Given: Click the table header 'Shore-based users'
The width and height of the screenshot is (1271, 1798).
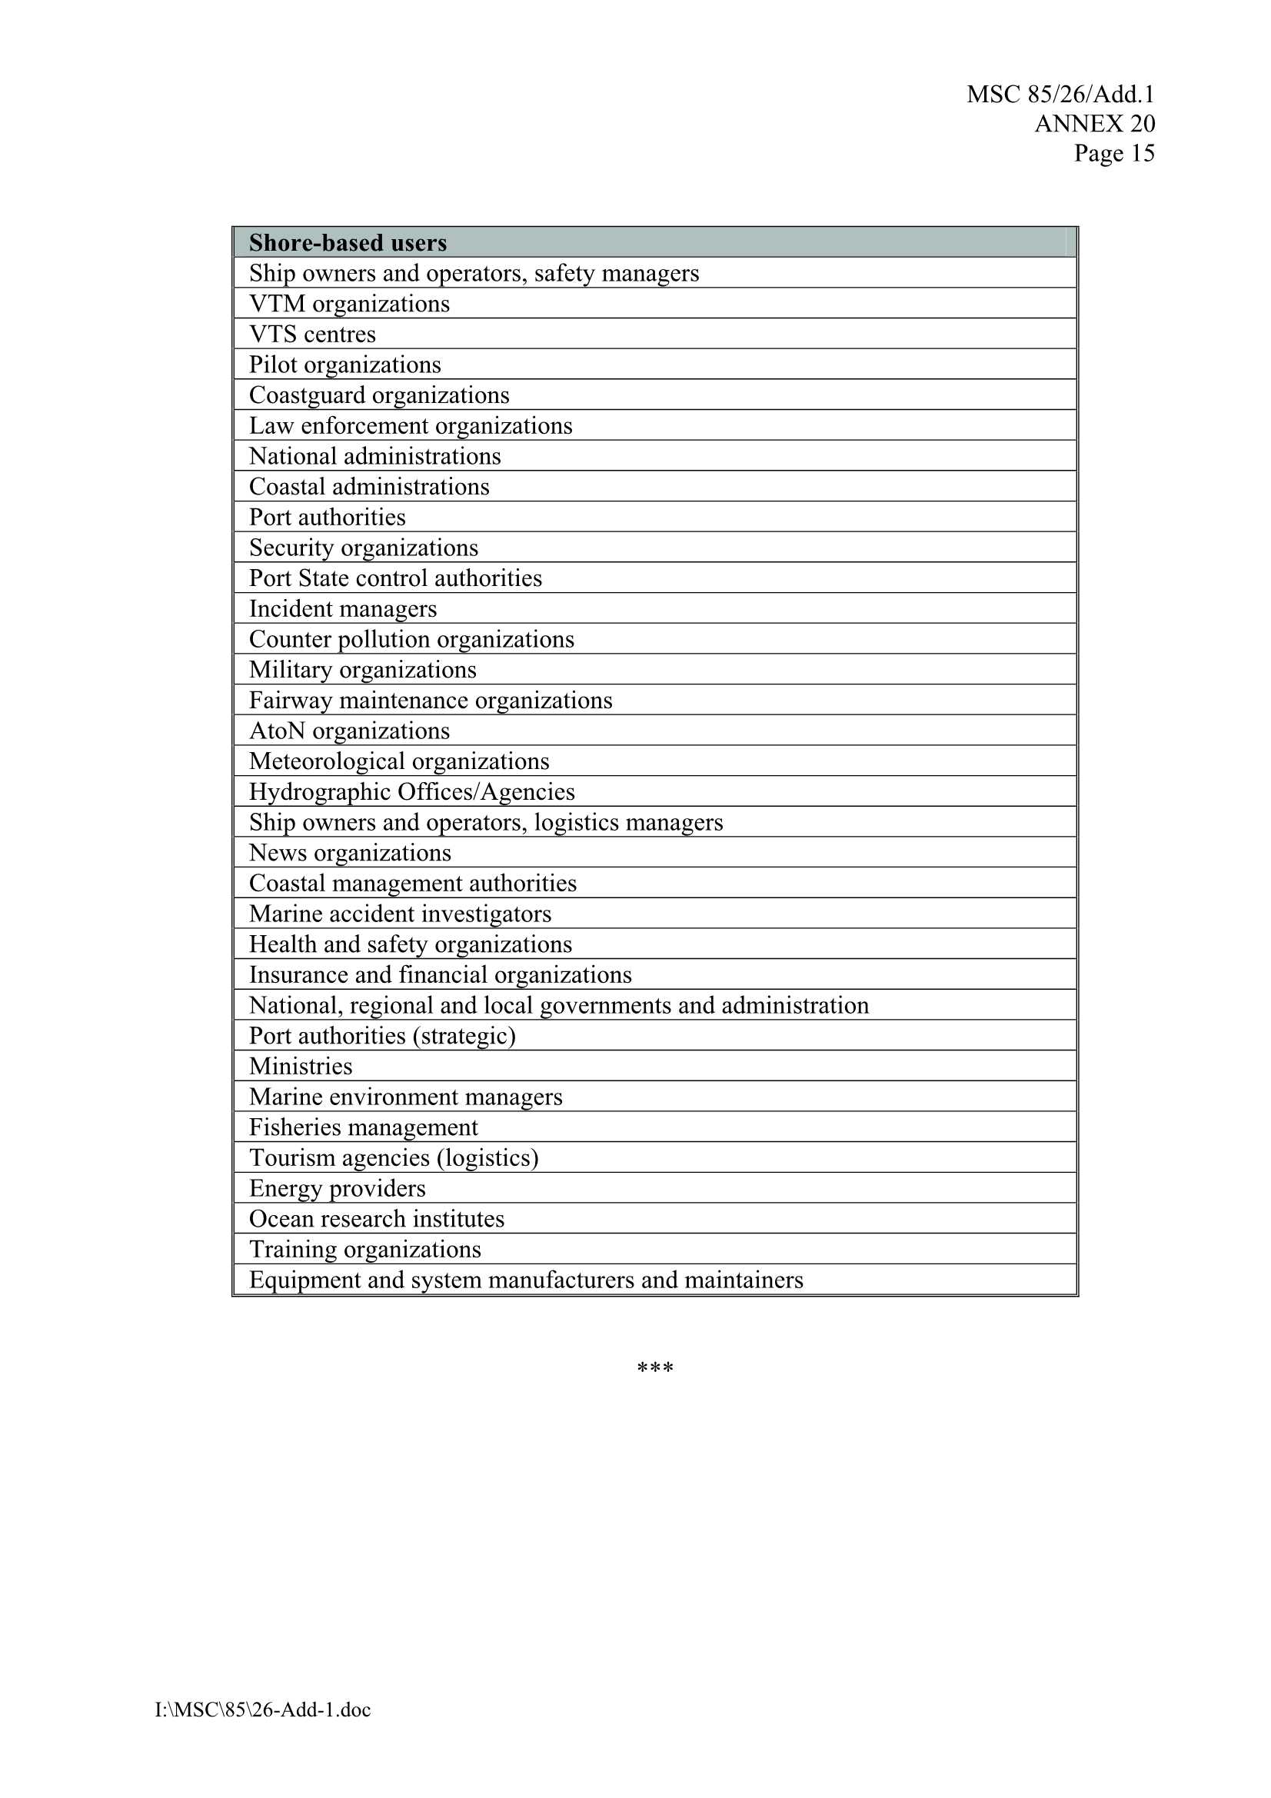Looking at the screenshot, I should tap(348, 243).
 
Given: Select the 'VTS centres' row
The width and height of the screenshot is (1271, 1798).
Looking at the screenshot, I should tap(312, 335).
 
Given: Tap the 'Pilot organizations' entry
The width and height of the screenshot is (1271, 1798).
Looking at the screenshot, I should tap(344, 365).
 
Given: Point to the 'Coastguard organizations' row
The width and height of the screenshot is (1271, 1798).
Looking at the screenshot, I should tap(379, 395).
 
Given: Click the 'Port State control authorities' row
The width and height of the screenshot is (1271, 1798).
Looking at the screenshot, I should tap(395, 578).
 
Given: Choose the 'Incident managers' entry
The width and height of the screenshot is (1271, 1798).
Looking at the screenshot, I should tap(342, 608).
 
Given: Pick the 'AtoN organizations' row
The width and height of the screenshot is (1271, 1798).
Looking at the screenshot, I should tap(349, 731).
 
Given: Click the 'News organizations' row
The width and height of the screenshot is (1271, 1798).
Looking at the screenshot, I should tap(350, 853).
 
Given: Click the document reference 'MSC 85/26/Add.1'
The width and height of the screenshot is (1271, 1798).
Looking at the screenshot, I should tap(1060, 95).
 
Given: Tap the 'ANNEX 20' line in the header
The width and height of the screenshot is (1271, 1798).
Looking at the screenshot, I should tap(1094, 124).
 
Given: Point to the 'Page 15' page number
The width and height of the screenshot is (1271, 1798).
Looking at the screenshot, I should tap(1113, 153).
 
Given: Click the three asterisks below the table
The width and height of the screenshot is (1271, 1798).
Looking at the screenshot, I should tap(654, 1368).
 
